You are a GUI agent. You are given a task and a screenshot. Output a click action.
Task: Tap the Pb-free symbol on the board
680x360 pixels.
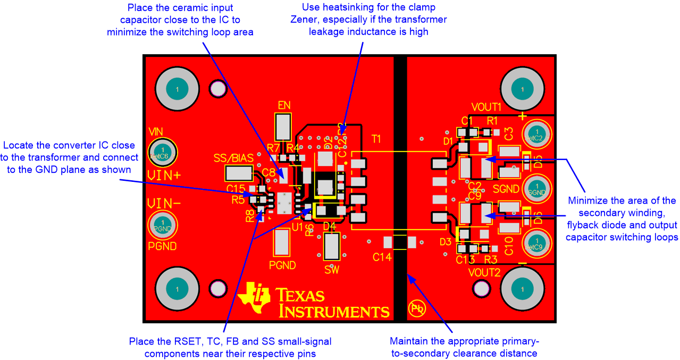click(416, 307)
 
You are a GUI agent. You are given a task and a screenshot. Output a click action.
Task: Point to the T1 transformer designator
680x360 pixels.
click(376, 139)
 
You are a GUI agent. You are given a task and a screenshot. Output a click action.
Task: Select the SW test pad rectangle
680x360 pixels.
click(332, 246)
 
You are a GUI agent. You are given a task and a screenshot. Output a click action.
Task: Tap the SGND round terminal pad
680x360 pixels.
click(537, 189)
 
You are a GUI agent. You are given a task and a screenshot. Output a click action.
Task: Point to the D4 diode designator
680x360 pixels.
click(329, 226)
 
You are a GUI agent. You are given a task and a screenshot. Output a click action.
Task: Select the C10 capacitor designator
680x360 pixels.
click(508, 246)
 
